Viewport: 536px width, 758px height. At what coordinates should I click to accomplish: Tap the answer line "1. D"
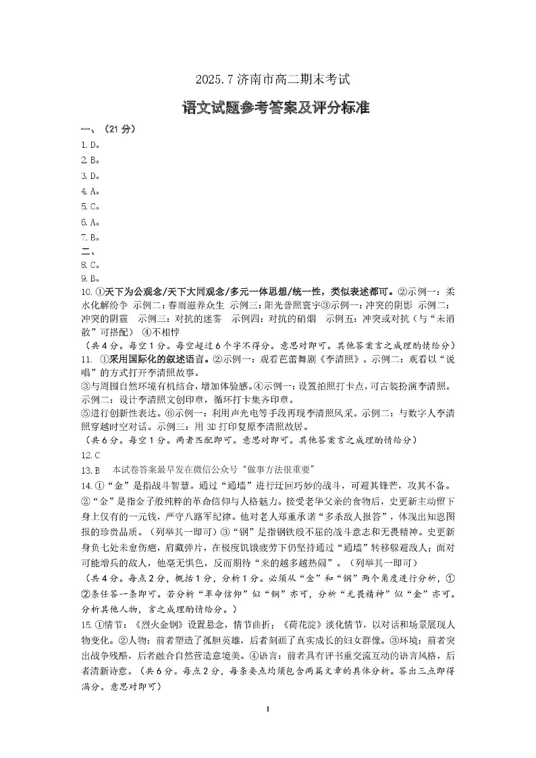pyautogui.click(x=90, y=144)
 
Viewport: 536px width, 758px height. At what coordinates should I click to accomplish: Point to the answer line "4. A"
pyautogui.click(x=90, y=191)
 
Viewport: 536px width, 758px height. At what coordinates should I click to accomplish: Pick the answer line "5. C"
pyautogui.click(x=90, y=206)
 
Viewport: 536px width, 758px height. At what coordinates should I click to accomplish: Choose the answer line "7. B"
pyautogui.click(x=90, y=237)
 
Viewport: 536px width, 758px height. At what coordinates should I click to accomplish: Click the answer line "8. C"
pyautogui.click(x=90, y=265)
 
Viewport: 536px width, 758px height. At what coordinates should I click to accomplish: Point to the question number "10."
pyautogui.click(x=86, y=292)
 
